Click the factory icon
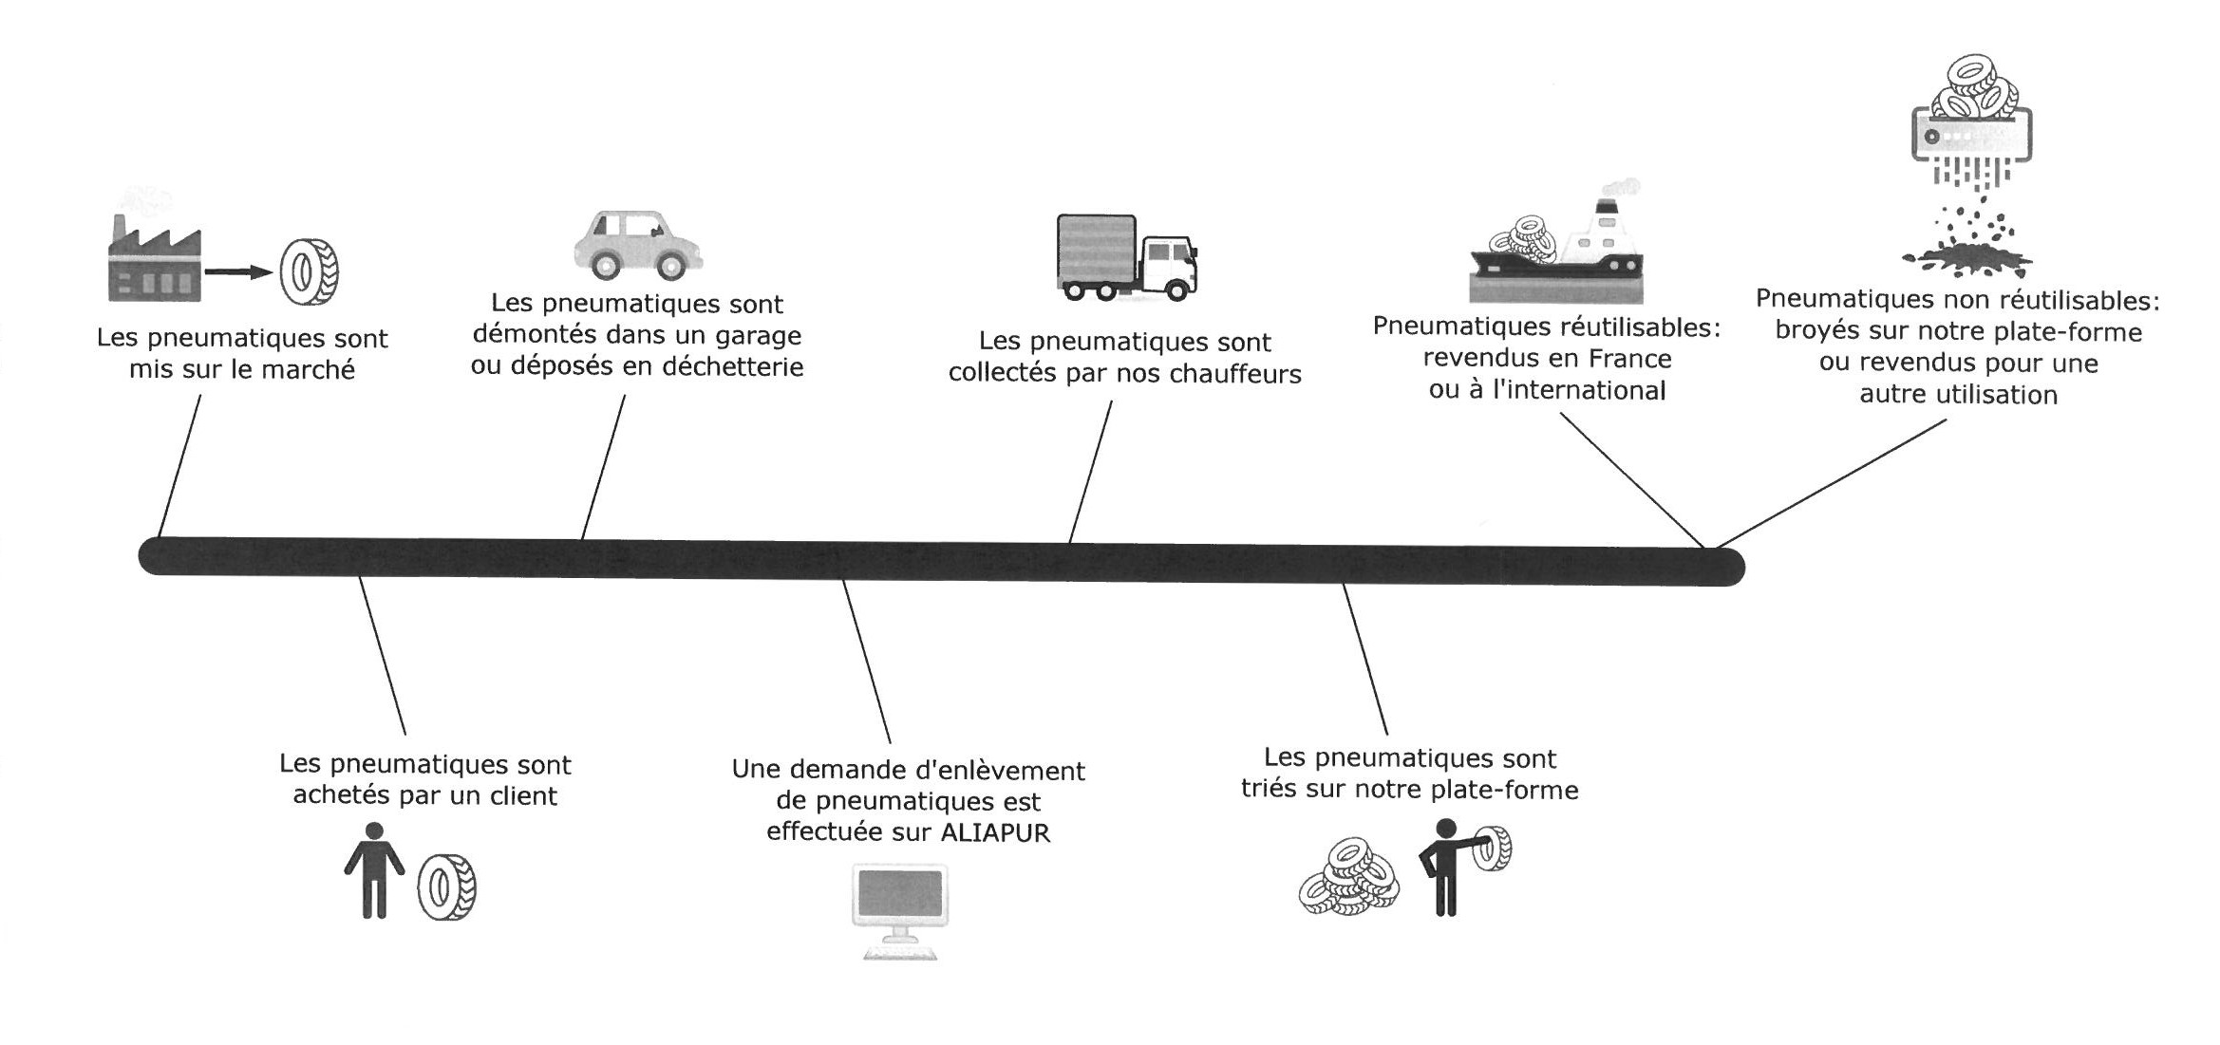tap(154, 261)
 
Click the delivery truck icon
tap(1126, 258)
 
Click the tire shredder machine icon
tap(1970, 133)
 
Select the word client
tap(522, 795)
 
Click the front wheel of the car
tap(670, 266)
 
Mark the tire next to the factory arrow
tap(308, 272)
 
